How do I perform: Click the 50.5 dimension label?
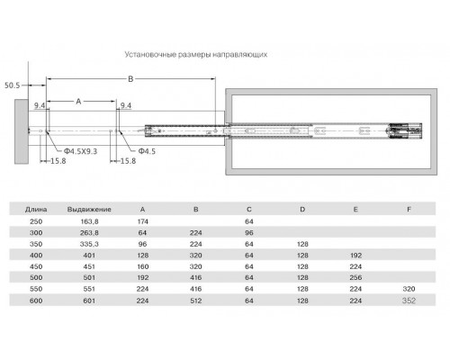[x=12, y=85]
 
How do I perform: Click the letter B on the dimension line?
[x=130, y=79]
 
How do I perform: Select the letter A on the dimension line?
[x=78, y=102]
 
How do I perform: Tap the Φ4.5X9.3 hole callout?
[x=80, y=151]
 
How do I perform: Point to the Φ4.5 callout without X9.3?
[x=147, y=151]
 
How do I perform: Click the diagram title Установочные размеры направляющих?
[x=196, y=55]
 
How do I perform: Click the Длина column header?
[x=36, y=210]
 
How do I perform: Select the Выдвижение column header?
[x=89, y=210]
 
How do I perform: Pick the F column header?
[x=409, y=210]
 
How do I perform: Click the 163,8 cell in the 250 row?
[x=89, y=221]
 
